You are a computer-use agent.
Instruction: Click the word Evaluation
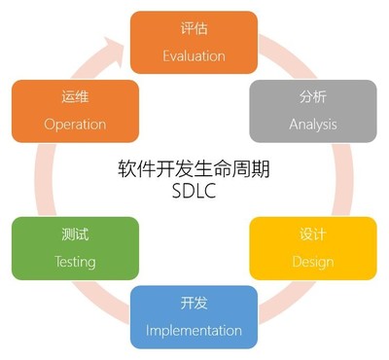pos(194,54)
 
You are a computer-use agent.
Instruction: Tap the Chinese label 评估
pos(194,28)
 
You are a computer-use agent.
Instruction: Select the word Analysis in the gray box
pos(311,125)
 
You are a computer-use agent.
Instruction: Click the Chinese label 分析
pos(311,97)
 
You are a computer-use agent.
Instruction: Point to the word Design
pos(312,262)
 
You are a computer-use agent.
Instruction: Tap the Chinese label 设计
pos(312,235)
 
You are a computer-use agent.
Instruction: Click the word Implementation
pos(194,331)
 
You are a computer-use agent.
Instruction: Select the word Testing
pos(75,262)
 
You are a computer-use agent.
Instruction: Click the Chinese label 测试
pos(75,235)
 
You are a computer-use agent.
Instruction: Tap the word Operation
pos(75,125)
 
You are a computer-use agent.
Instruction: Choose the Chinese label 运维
pos(75,97)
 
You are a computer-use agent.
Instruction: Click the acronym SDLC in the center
pos(194,191)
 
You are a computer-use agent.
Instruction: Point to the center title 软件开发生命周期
pos(194,168)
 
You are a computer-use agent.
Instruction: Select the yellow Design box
pos(312,248)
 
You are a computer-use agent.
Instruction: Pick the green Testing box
pos(75,248)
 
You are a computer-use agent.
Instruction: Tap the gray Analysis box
pos(311,111)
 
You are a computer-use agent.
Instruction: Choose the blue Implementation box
pos(194,317)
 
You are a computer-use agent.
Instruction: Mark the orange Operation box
pos(75,111)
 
